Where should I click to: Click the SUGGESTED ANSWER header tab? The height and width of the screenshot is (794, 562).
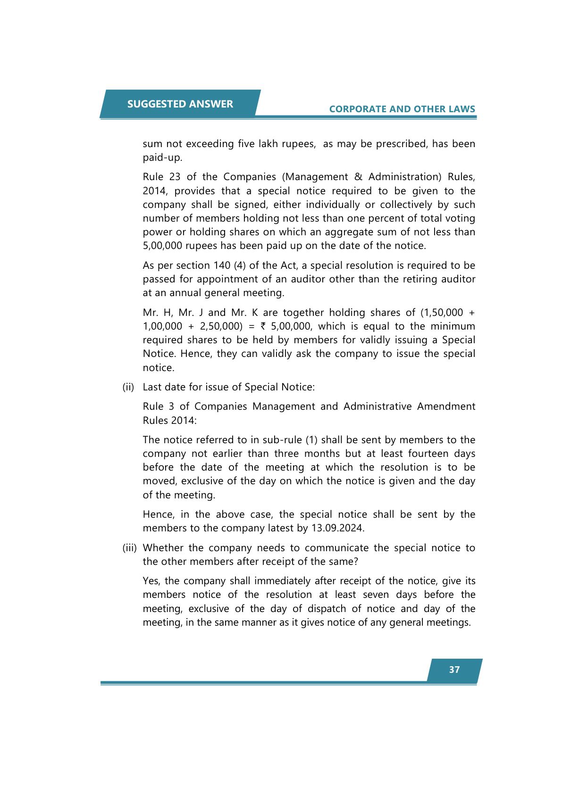tap(180, 104)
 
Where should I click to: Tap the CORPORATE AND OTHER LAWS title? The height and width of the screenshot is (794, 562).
tap(402, 109)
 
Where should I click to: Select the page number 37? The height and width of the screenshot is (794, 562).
tap(454, 670)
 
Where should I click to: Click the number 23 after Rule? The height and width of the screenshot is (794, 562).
tap(175, 177)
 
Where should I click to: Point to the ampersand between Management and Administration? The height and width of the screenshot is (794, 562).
tap(358, 177)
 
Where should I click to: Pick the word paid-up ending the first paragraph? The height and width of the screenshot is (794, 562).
tap(162, 157)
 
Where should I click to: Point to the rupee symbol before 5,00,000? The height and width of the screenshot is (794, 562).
tap(263, 326)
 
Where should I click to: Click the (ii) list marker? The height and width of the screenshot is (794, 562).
tap(128, 387)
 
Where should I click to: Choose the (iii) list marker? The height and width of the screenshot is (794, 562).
tap(130, 548)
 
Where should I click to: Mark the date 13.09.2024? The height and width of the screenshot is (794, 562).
tap(337, 528)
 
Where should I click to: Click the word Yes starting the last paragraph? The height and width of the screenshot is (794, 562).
tap(151, 581)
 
